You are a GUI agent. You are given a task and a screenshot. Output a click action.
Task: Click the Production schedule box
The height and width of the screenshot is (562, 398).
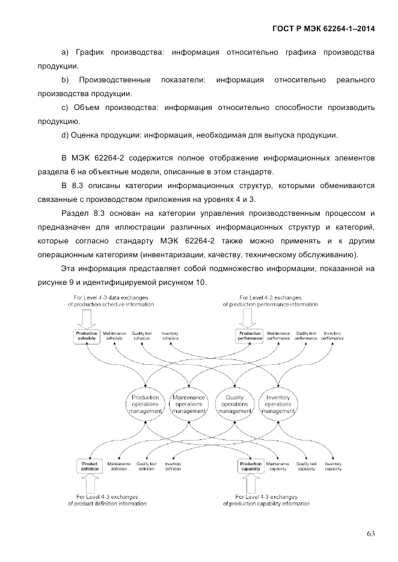coord(86,336)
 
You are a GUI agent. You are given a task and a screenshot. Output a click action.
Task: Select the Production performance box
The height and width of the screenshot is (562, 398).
coord(250,336)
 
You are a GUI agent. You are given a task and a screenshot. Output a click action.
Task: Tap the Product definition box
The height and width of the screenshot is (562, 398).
coord(90,466)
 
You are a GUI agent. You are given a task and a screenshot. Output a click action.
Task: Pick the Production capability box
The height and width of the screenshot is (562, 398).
coord(251,466)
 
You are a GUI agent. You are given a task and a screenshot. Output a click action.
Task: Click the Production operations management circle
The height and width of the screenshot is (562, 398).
coord(145,404)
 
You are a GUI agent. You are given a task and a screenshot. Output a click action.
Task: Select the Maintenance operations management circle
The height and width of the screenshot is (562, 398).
coord(189,404)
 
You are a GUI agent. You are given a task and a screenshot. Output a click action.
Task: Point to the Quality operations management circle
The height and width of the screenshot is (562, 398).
coord(234,404)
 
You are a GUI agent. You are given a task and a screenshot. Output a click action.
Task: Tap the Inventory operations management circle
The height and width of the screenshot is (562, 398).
coord(278,404)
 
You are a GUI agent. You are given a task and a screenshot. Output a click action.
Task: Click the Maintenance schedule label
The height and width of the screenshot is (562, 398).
coord(114,336)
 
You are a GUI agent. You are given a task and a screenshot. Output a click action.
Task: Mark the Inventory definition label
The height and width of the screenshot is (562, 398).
coord(173,466)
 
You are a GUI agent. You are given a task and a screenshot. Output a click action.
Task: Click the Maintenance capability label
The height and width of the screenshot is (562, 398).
coord(278,466)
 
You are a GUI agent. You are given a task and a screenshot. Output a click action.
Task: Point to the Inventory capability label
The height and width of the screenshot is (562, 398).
coord(333,466)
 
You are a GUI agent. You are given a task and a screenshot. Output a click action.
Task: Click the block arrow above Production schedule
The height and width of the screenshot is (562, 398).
coord(86,319)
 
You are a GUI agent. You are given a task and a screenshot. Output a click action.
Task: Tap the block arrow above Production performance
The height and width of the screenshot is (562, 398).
coord(250,319)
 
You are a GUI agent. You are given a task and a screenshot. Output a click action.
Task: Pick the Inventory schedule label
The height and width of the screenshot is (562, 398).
coord(170,336)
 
